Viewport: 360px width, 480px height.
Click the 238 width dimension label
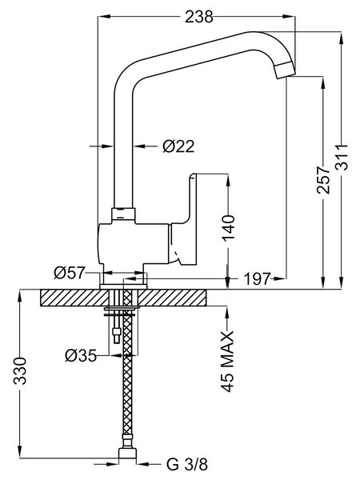(198, 17)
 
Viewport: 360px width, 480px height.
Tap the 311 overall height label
(342, 157)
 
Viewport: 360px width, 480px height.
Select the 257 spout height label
(323, 180)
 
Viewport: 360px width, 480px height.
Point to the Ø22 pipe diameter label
(178, 146)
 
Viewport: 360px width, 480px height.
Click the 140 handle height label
(229, 228)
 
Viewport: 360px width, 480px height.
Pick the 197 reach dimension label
(257, 278)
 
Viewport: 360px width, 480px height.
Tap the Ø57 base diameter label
(69, 273)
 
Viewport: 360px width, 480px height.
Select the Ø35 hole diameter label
(81, 356)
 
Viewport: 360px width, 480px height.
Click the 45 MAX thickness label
(227, 362)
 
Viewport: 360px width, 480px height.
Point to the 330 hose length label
(21, 370)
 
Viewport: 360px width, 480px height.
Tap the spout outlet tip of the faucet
(285, 70)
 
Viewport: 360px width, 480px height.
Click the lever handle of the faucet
(184, 219)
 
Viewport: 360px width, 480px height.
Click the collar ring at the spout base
(123, 215)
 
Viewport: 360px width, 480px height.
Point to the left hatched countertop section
(74, 298)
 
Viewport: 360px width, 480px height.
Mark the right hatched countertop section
(171, 298)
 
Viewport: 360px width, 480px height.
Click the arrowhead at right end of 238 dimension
(289, 16)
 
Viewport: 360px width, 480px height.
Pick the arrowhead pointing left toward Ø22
(139, 146)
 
